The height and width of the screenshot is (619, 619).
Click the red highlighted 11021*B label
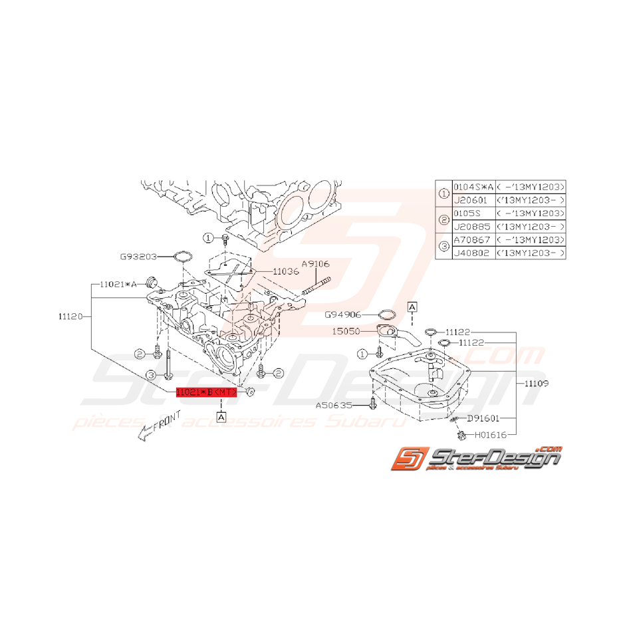point(205,393)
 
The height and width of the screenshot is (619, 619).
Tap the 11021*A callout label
point(118,284)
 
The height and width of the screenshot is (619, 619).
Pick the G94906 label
point(342,314)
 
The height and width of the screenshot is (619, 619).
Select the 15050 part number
point(346,330)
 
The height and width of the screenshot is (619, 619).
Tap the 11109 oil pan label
point(535,383)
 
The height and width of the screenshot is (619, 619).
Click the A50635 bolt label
point(334,404)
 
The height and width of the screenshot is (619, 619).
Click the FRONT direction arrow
point(150,431)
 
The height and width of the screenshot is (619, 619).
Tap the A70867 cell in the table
point(471,240)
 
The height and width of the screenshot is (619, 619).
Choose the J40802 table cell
point(471,253)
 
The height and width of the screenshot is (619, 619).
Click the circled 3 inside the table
point(444,247)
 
